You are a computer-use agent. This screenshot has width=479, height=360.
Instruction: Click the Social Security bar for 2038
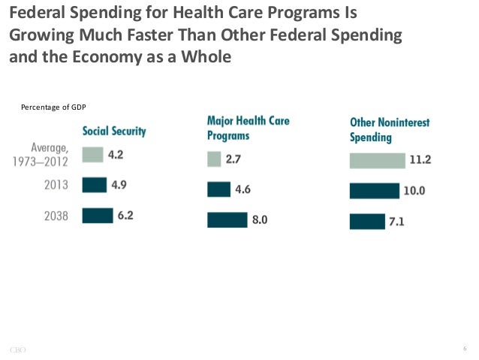97,216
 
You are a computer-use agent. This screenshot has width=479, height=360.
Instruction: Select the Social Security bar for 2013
94,185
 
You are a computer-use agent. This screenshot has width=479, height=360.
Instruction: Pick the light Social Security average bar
92,155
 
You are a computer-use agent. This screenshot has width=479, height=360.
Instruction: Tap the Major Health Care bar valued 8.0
227,219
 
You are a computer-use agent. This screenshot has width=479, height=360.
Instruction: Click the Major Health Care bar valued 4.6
218,189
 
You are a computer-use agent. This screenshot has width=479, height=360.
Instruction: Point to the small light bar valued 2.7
214,159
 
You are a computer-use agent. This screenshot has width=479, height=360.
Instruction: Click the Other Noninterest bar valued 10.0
374,191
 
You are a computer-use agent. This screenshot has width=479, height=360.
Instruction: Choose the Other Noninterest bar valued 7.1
367,221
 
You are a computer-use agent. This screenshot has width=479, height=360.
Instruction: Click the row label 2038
56,216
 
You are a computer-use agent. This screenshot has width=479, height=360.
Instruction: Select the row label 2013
56,185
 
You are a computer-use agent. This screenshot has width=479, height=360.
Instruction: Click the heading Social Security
114,131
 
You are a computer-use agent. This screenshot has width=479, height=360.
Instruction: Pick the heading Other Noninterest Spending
389,129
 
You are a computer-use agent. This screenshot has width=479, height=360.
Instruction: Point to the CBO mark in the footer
17,349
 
